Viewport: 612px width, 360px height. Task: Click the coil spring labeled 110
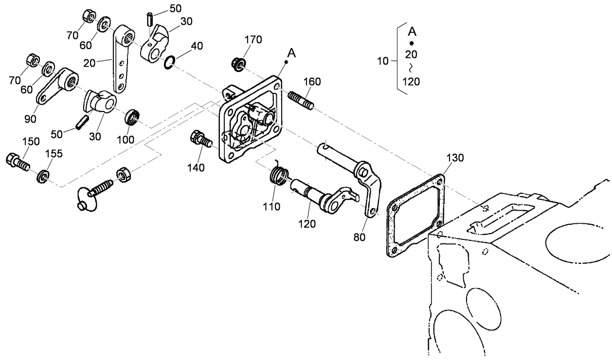click(x=278, y=174)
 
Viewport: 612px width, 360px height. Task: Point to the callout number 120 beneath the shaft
click(x=307, y=224)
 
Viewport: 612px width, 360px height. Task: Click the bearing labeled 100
click(x=133, y=118)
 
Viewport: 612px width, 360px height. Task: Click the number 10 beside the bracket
click(x=384, y=62)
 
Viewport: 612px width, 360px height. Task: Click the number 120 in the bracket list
click(x=412, y=81)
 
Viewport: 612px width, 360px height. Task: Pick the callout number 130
click(x=455, y=158)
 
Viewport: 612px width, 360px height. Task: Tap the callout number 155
click(x=54, y=154)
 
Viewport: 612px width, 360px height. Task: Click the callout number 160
click(x=312, y=81)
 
